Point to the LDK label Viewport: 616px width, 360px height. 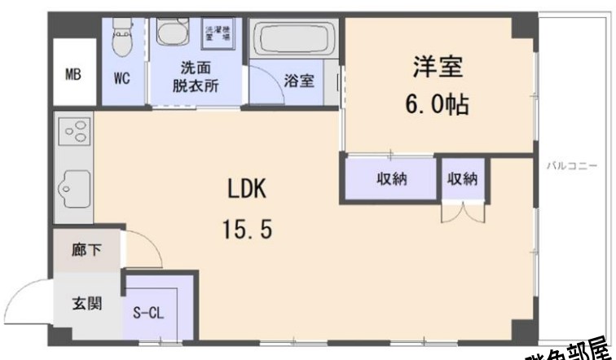pos(246,191)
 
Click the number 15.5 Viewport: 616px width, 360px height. pos(246,229)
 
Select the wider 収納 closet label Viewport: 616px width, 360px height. pos(392,179)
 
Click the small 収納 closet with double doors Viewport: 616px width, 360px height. pos(463,180)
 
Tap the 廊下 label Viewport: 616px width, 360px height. pos(86,250)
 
